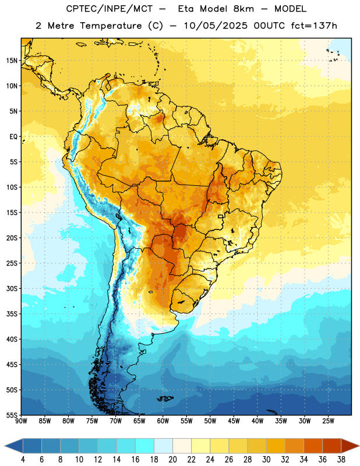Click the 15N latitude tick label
pos(12,61)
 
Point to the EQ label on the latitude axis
pos(13,137)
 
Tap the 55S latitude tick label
pos(12,415)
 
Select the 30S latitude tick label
pos(12,288)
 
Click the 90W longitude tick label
pos(21,421)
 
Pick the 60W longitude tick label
pos(163,421)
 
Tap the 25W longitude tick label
pos(328,421)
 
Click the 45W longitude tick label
pos(234,421)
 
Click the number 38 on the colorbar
pos(341,460)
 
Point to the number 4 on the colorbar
pos(23,460)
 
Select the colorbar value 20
pos(172,460)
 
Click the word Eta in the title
pos(186,9)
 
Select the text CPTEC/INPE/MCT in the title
pos(110,9)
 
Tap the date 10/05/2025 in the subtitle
pos(216,26)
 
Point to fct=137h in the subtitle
pos(314,26)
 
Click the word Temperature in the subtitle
pos(111,26)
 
